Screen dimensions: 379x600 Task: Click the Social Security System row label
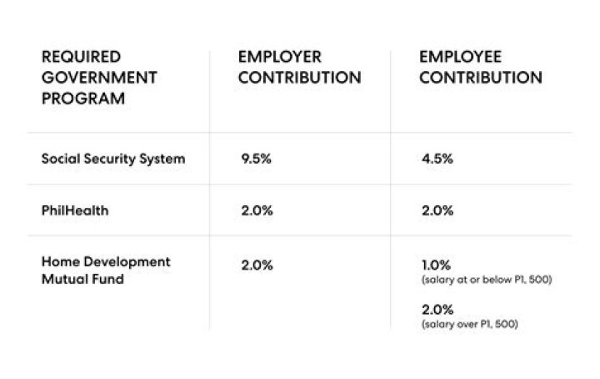point(112,159)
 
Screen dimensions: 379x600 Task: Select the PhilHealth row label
point(75,210)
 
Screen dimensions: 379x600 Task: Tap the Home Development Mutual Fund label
point(106,270)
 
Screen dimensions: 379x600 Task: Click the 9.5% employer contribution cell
point(256,159)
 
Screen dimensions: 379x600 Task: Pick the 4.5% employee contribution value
point(437,159)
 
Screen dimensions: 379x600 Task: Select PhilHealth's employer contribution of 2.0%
point(257,210)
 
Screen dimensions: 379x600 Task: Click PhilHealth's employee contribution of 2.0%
point(438,210)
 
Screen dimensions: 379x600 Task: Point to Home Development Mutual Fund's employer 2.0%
point(257,265)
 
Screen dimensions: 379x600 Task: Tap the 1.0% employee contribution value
point(437,265)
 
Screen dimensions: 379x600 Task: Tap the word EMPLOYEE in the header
point(460,57)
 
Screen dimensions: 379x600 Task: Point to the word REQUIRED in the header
point(81,57)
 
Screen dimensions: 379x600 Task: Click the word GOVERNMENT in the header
point(99,78)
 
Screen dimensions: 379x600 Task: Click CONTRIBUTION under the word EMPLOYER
point(300,78)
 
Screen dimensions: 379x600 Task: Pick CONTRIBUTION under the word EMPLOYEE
point(482,78)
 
